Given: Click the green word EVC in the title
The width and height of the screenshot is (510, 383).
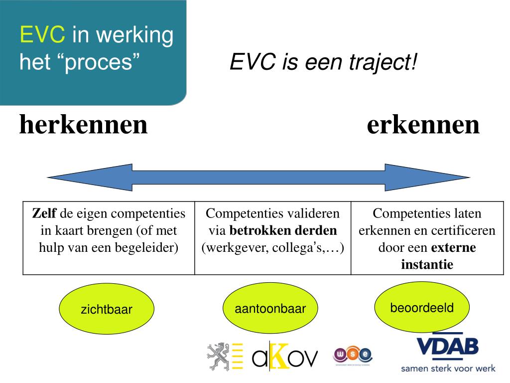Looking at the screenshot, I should coord(42,36).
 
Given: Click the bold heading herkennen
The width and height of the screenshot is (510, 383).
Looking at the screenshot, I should coord(84,125).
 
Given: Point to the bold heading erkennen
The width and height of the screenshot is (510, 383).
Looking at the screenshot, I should coord(423,125).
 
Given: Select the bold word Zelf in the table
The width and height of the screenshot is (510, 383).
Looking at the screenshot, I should coord(44,214).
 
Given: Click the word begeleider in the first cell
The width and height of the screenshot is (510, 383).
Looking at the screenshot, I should coord(152,247).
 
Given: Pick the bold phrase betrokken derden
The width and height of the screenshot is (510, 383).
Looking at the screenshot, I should coord(283,231).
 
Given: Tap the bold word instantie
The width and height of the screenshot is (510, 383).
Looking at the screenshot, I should coord(427,264).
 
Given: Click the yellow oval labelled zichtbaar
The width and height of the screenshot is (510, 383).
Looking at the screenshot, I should coord(107,309).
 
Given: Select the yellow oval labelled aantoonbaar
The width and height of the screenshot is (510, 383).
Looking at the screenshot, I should coord(270,309).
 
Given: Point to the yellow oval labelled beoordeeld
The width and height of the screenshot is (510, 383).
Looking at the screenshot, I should coord(422,308).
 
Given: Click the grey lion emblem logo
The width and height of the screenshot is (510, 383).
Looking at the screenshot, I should coord(218,356).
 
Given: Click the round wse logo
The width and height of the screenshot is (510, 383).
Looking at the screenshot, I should coord(352,355).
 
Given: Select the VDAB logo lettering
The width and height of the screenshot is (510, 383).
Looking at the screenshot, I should coord(447,347).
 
